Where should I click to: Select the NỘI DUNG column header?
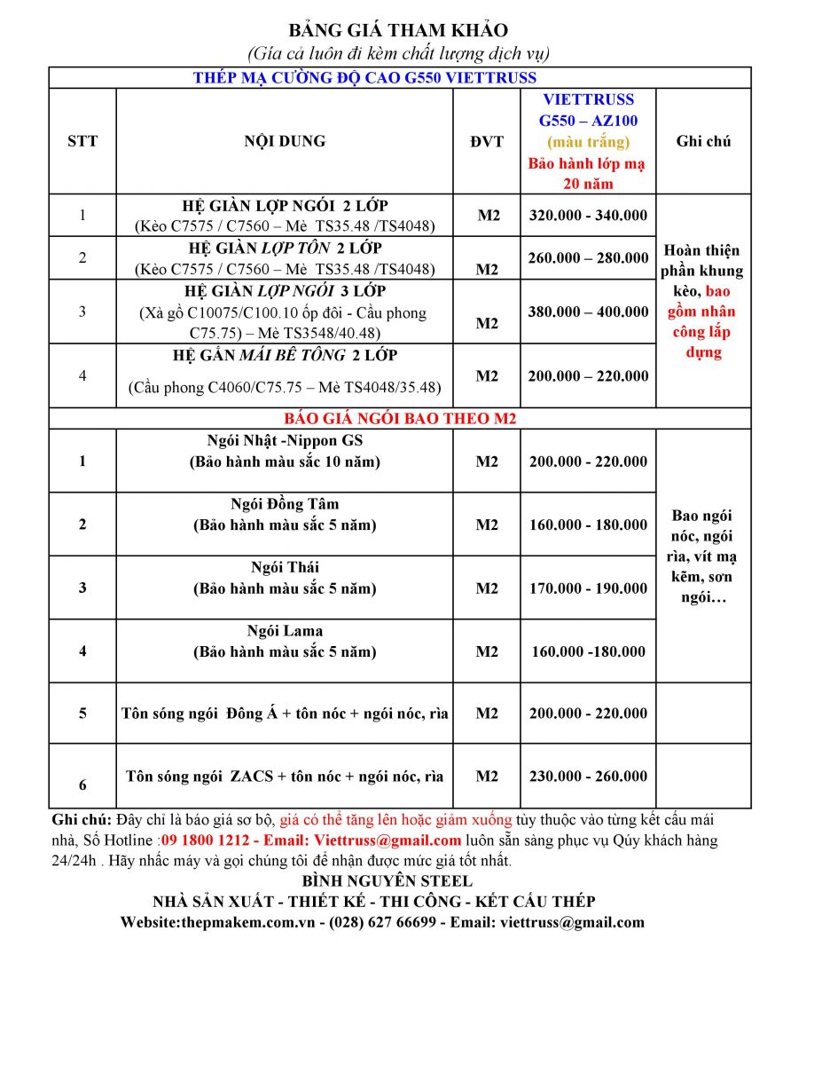click(285, 141)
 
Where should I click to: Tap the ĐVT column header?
click(487, 141)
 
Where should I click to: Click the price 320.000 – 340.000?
click(588, 215)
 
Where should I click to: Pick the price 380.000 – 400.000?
click(588, 312)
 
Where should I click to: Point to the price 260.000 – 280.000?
click(588, 257)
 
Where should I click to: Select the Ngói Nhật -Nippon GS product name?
click(285, 441)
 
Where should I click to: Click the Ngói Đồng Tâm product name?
click(285, 504)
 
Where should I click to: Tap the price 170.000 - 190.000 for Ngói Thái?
click(588, 588)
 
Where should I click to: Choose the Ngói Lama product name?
click(285, 631)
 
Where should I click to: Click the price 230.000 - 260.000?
click(588, 776)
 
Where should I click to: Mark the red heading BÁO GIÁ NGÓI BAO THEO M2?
click(399, 419)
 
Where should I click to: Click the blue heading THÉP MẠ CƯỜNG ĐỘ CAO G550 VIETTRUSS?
click(364, 78)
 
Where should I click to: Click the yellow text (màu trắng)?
click(588, 142)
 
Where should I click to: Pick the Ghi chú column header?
click(703, 141)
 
